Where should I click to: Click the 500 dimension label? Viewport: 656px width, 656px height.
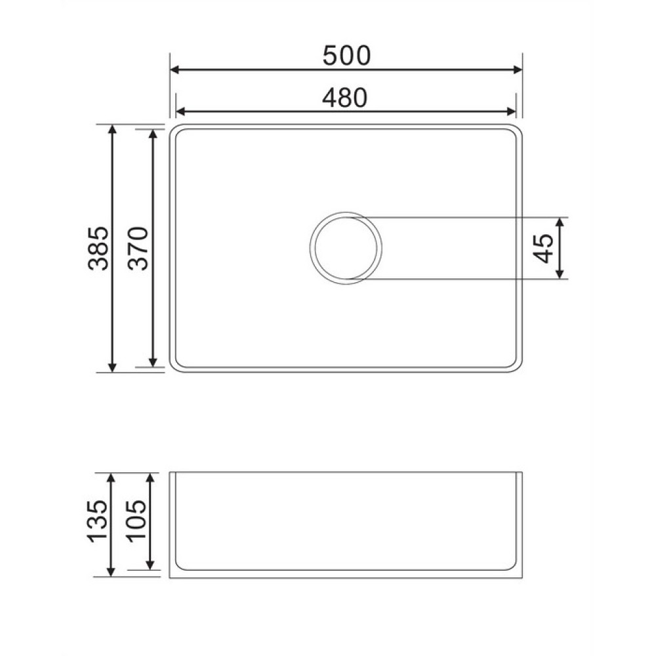(346, 56)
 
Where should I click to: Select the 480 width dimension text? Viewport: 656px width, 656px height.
(345, 98)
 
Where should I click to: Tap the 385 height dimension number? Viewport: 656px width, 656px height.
(99, 248)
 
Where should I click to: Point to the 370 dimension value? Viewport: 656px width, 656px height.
(138, 248)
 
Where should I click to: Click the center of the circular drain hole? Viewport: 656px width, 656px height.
(346, 248)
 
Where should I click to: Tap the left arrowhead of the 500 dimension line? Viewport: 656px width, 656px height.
(174, 70)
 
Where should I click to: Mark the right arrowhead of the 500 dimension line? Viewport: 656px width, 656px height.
(518, 70)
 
